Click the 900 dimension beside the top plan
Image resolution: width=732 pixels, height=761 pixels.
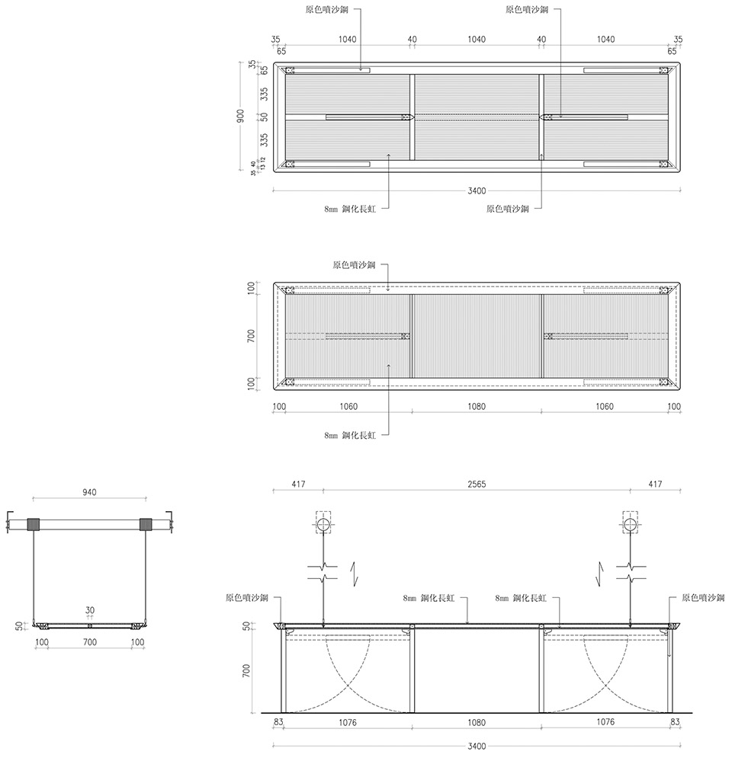pyautogui.click(x=240, y=117)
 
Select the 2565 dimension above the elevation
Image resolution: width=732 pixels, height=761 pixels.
pyautogui.click(x=477, y=484)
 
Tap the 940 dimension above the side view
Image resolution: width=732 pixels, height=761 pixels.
pyautogui.click(x=89, y=494)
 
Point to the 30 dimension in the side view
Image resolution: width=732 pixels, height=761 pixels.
pyautogui.click(x=90, y=611)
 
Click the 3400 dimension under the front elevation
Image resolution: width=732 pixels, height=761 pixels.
pyautogui.click(x=477, y=747)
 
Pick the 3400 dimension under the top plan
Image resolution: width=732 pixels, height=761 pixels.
pyautogui.click(x=477, y=190)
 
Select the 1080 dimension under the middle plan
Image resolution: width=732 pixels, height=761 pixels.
pyautogui.click(x=477, y=407)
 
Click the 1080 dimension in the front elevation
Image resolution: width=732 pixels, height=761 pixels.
pyautogui.click(x=477, y=722)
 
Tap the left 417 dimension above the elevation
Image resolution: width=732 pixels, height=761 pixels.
pyautogui.click(x=298, y=484)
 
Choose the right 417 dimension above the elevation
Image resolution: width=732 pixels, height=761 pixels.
pyautogui.click(x=655, y=484)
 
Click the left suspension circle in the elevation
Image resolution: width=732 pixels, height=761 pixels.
pyautogui.click(x=323, y=524)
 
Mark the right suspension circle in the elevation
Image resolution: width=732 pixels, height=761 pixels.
pyautogui.click(x=630, y=524)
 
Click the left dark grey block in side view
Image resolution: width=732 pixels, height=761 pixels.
pyautogui.click(x=33, y=524)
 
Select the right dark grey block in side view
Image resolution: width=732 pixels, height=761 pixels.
pyautogui.click(x=145, y=524)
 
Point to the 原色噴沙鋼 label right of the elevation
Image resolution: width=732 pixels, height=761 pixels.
pyautogui.click(x=703, y=599)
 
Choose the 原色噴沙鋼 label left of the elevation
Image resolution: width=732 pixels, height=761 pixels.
pyautogui.click(x=247, y=599)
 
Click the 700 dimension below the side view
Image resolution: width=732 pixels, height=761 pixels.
pyautogui.click(x=89, y=643)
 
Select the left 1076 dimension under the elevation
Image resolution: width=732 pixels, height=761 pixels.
pyautogui.click(x=348, y=722)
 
